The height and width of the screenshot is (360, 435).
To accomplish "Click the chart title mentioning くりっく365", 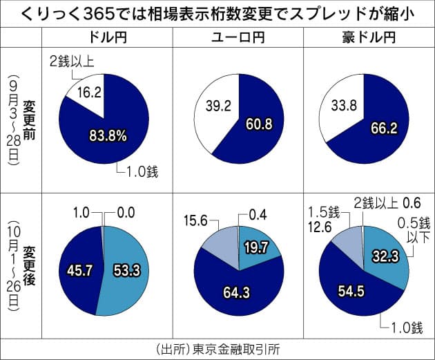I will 217,14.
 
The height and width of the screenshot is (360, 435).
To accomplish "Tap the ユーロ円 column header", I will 238,36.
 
